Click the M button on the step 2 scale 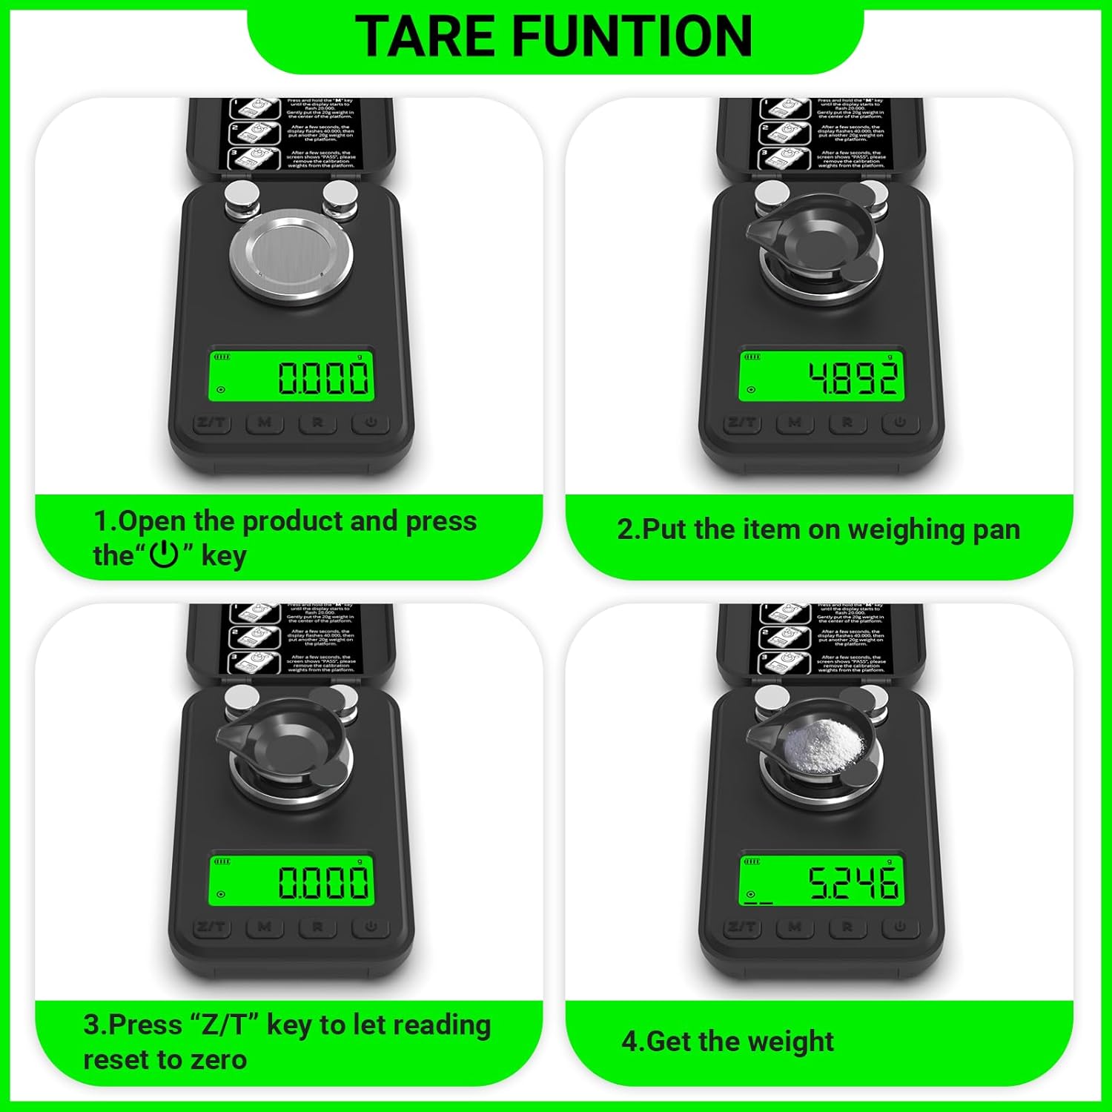tap(795, 423)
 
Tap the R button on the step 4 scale tap(847, 927)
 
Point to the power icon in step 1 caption tap(164, 555)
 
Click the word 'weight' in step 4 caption tap(792, 1042)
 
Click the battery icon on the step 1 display tap(222, 357)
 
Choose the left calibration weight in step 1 tap(242, 199)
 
